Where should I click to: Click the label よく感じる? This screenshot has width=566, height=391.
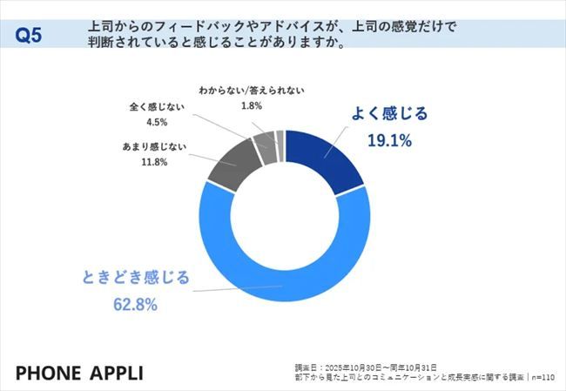click(390, 114)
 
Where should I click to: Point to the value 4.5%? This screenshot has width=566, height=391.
click(152, 123)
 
